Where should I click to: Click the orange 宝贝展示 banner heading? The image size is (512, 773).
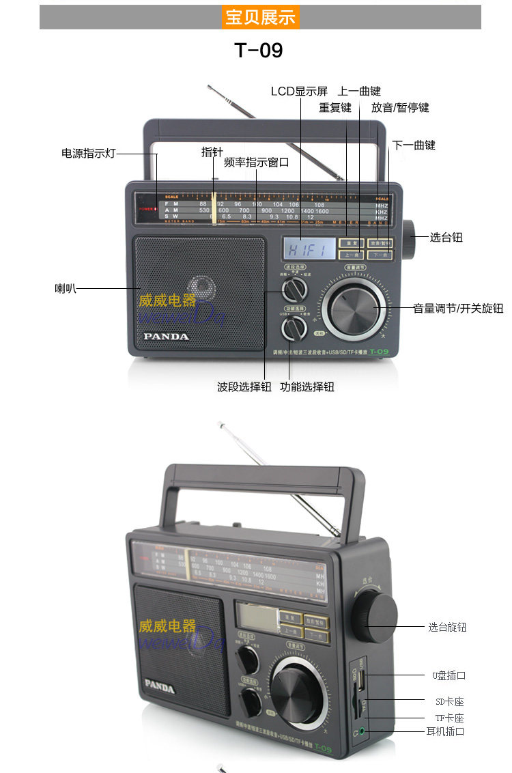click(260, 17)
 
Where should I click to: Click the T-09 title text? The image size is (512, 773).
click(259, 51)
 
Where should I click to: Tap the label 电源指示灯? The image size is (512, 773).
click(89, 154)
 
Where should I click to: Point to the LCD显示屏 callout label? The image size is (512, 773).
click(299, 92)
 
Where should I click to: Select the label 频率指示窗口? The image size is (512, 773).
click(257, 163)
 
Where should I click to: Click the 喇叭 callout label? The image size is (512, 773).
click(65, 288)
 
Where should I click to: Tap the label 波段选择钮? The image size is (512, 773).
click(244, 386)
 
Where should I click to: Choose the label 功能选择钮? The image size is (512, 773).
click(307, 386)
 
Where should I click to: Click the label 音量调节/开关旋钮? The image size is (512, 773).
click(458, 308)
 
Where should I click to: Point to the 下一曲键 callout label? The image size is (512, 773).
click(414, 145)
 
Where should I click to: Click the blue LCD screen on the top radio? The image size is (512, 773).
click(309, 248)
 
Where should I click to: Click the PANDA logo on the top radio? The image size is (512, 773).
click(166, 336)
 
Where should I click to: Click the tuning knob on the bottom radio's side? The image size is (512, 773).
click(375, 610)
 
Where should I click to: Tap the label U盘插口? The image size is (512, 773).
click(449, 675)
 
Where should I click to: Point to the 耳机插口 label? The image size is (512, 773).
click(445, 731)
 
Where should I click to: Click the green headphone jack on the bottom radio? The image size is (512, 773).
click(362, 731)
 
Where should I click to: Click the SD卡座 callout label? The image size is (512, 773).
click(449, 701)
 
